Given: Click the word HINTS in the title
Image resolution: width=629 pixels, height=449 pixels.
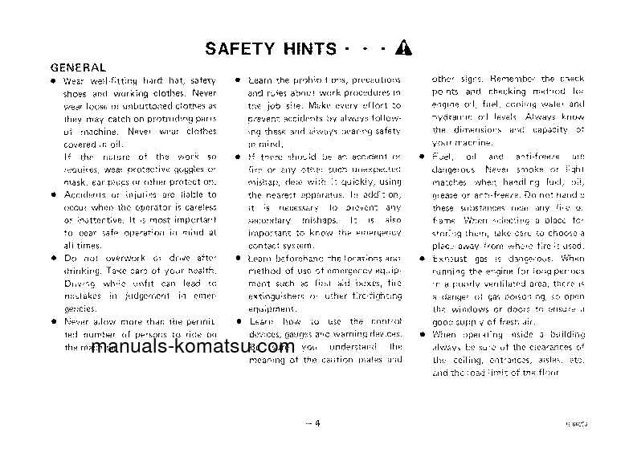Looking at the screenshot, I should [x=308, y=47].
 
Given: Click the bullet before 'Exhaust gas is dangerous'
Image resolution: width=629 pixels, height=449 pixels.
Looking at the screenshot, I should [x=421, y=259].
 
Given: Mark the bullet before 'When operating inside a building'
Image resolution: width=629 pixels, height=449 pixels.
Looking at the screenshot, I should [x=421, y=333].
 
